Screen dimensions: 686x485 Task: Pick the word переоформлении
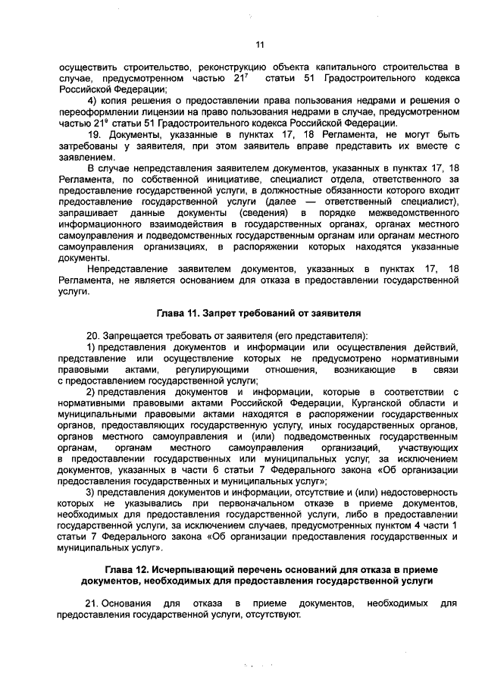[96, 112]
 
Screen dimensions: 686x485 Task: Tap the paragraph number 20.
[94, 335]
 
